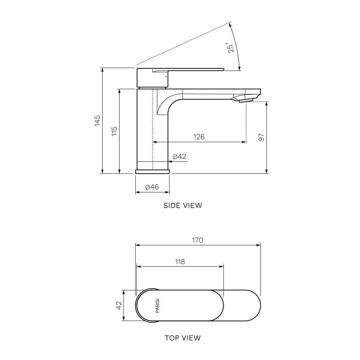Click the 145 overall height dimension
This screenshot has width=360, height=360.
tap(98, 121)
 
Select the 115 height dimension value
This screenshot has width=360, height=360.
tap(114, 131)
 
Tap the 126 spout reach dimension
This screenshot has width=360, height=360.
tap(199, 137)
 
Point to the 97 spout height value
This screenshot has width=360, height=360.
tap(261, 137)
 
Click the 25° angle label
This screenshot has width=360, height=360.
tap(231, 48)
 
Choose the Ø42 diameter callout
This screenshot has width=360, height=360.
tap(180, 156)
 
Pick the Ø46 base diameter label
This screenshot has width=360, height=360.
tap(152, 187)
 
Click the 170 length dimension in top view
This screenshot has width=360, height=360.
tap(197, 240)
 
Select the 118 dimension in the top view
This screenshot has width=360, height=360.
tap(180, 261)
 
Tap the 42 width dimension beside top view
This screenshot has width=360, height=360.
tap(119, 305)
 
